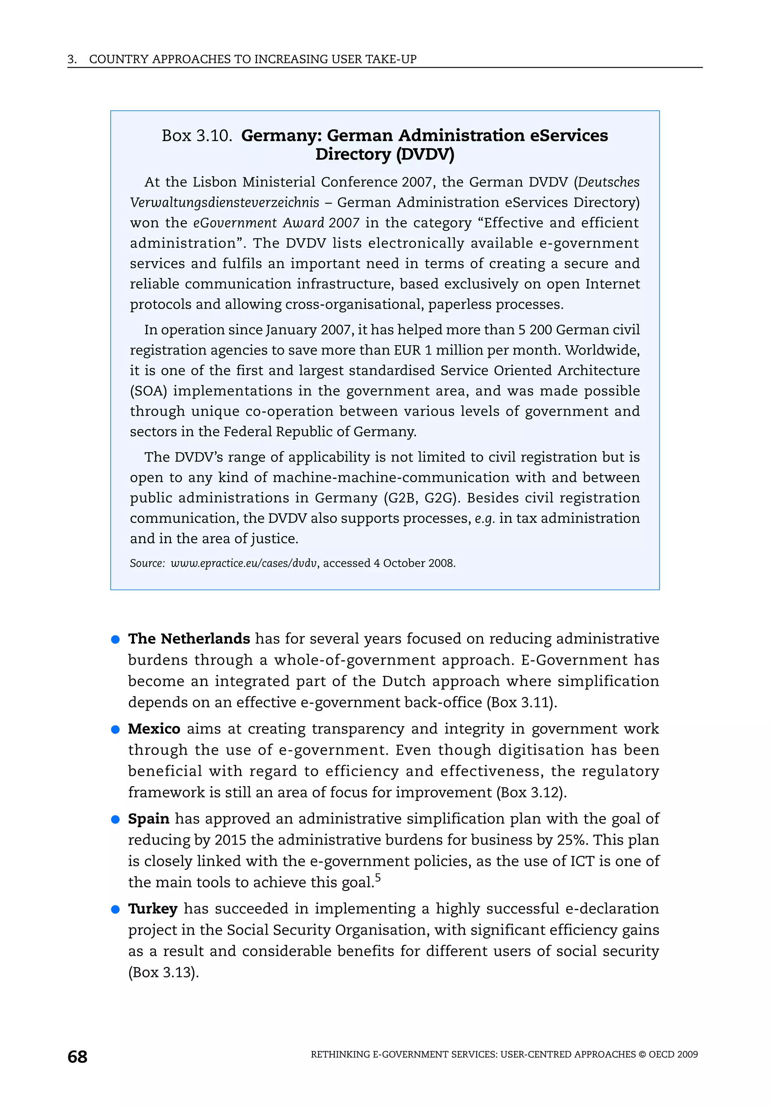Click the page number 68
[77, 1057]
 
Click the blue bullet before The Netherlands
[115, 640]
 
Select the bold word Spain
[148, 819]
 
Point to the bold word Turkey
[152, 909]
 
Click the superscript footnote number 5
[378, 877]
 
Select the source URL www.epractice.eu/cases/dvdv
[244, 563]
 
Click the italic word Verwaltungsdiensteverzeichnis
[224, 203]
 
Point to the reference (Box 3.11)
[522, 702]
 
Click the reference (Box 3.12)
[531, 792]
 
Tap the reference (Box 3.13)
[163, 973]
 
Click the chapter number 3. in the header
[72, 59]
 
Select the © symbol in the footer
[642, 1054]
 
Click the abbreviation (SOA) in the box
[148, 391]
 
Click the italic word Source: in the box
[147, 563]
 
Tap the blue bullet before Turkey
[115, 909]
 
